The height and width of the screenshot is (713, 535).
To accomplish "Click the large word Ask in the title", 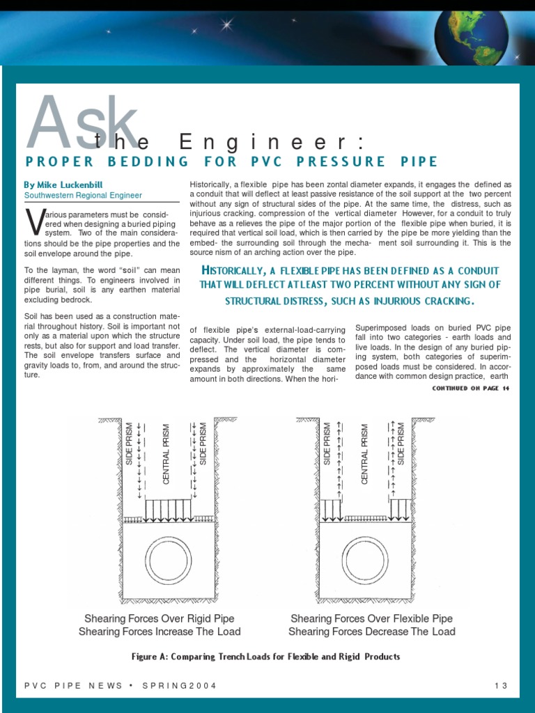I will tap(82, 124).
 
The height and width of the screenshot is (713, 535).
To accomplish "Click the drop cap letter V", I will tap(33, 222).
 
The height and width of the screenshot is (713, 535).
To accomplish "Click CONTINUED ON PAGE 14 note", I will tap(470, 388).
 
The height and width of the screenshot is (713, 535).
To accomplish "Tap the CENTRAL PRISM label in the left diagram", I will tap(166, 455).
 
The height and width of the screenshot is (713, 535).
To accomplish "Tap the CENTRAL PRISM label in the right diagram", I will tap(364, 455).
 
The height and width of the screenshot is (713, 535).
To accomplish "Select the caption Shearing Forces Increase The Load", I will tap(160, 632).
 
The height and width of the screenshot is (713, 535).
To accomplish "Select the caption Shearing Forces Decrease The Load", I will tap(371, 632).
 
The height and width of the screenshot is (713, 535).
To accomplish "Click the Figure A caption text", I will tap(266, 657).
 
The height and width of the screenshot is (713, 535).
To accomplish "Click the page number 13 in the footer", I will tap(500, 686).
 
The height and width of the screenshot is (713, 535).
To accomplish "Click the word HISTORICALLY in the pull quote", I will tap(238, 271).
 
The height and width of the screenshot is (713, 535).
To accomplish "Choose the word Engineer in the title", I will tap(272, 143).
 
